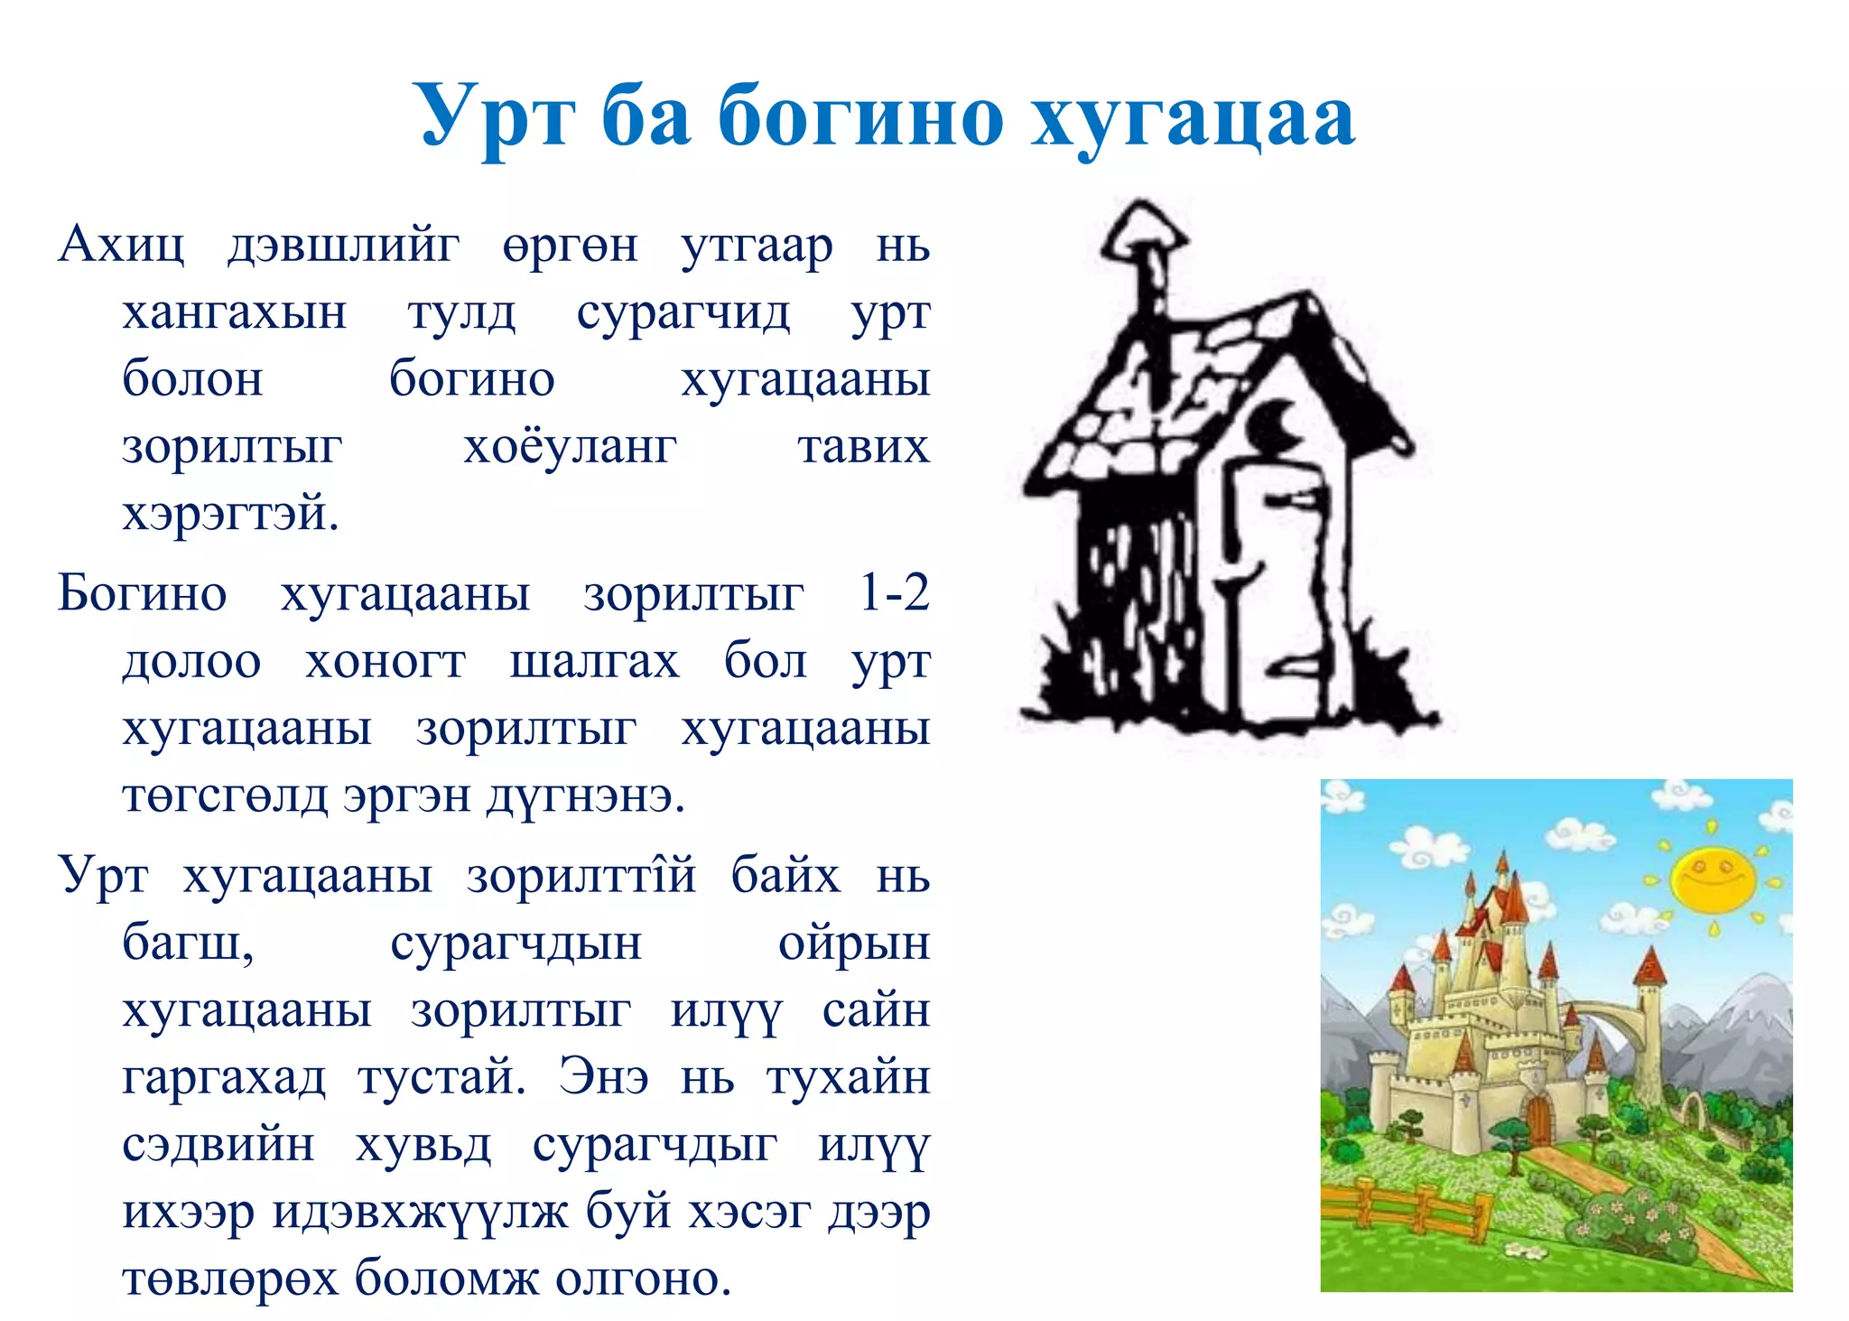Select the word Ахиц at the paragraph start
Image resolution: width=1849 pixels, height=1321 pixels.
(x=121, y=245)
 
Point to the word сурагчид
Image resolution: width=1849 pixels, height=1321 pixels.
(x=683, y=313)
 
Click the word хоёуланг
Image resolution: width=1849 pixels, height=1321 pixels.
(x=570, y=447)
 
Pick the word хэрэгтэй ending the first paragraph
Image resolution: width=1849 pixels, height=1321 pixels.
(x=230, y=514)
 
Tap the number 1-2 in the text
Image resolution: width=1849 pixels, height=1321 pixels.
(x=893, y=593)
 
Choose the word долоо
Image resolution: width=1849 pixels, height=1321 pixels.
(x=191, y=662)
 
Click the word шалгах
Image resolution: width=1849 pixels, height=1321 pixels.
(x=594, y=662)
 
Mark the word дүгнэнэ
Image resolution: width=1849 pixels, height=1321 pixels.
(x=586, y=796)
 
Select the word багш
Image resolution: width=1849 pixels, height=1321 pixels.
(x=188, y=944)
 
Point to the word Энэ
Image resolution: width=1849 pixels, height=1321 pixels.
(x=603, y=1077)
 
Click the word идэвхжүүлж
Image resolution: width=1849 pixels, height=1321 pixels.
(x=420, y=1212)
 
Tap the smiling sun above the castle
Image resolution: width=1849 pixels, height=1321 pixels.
(x=1712, y=878)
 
